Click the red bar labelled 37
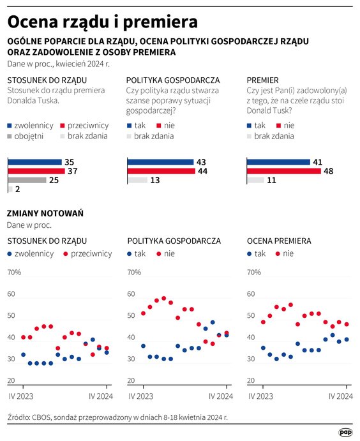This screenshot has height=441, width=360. pyautogui.click(x=36, y=171)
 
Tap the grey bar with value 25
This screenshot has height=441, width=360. pyautogui.click(x=26, y=180)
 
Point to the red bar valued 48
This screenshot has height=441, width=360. pyautogui.click(x=283, y=171)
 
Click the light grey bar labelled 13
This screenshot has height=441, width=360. pyautogui.click(x=137, y=181)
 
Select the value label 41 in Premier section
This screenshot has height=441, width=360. pyautogui.click(x=317, y=162)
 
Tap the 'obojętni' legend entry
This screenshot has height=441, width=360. pyautogui.click(x=29, y=135)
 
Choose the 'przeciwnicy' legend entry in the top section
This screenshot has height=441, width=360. pyautogui.click(x=87, y=125)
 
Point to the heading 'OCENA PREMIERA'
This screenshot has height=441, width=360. pyautogui.click(x=279, y=241)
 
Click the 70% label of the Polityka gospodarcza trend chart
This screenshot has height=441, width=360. pyautogui.click(x=134, y=273)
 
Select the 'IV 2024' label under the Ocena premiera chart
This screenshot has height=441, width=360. pyautogui.click(x=341, y=396)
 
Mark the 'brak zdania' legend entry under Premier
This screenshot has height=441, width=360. pyautogui.click(x=274, y=135)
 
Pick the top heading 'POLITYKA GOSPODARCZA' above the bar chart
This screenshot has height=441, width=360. pyautogui.click(x=173, y=80)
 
